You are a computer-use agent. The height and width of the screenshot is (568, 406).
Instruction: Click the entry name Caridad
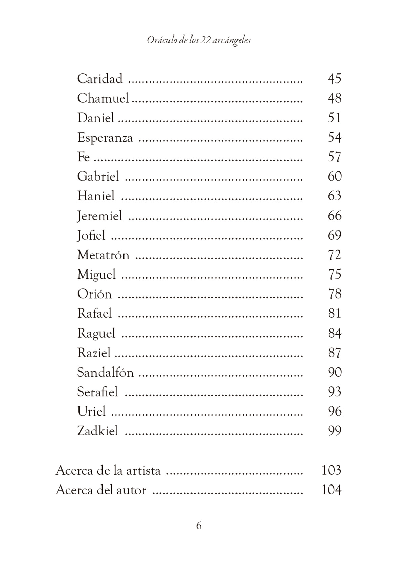pyautogui.click(x=100, y=79)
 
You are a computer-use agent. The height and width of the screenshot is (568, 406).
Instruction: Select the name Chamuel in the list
pyautogui.click(x=103, y=98)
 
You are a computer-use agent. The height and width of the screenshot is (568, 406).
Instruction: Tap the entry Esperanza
pyautogui.click(x=105, y=138)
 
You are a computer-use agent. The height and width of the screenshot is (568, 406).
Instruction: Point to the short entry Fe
pyautogui.click(x=83, y=157)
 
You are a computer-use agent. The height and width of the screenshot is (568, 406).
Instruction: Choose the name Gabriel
pyautogui.click(x=98, y=176)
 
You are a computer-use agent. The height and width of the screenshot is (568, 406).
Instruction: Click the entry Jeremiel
pyautogui.click(x=99, y=216)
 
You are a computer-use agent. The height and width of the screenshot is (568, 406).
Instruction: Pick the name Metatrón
pyautogui.click(x=103, y=255)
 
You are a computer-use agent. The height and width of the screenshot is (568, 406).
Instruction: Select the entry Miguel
pyautogui.click(x=96, y=275)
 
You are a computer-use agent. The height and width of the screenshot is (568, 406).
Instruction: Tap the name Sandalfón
pyautogui.click(x=105, y=373)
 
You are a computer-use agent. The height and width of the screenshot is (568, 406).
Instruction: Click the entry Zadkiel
pyautogui.click(x=97, y=431)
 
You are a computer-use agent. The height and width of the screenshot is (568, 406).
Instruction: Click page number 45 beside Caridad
pyautogui.click(x=334, y=79)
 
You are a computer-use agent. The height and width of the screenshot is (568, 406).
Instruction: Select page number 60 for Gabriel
pyautogui.click(x=334, y=176)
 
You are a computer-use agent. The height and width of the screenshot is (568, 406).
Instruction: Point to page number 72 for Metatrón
pyautogui.click(x=334, y=255)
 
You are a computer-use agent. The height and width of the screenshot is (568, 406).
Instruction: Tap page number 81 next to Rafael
pyautogui.click(x=334, y=313)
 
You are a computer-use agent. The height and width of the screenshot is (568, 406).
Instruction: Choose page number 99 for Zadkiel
pyautogui.click(x=334, y=431)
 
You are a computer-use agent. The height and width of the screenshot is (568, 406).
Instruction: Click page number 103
pyautogui.click(x=331, y=470)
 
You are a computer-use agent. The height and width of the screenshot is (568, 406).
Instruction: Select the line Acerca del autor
pyautogui.click(x=101, y=490)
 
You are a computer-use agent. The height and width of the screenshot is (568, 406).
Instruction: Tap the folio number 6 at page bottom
pyautogui.click(x=199, y=526)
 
